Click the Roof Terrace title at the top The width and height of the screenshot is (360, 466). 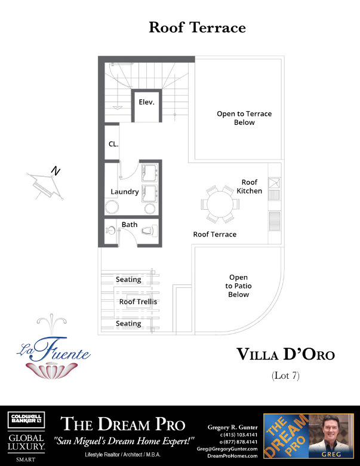click(197, 27)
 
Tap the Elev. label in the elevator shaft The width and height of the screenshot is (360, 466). click(146, 102)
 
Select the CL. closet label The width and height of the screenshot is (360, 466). click(113, 144)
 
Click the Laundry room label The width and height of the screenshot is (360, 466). click(125, 192)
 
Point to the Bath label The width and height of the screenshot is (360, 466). click(130, 225)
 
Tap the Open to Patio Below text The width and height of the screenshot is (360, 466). click(238, 286)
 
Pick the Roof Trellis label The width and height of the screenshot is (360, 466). click(138, 302)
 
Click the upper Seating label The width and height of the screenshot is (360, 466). click(128, 280)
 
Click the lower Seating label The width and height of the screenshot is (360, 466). click(128, 323)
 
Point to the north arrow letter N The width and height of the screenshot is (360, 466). click(56, 171)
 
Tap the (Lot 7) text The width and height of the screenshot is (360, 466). click(285, 376)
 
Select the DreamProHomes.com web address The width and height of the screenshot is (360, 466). click(232, 455)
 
